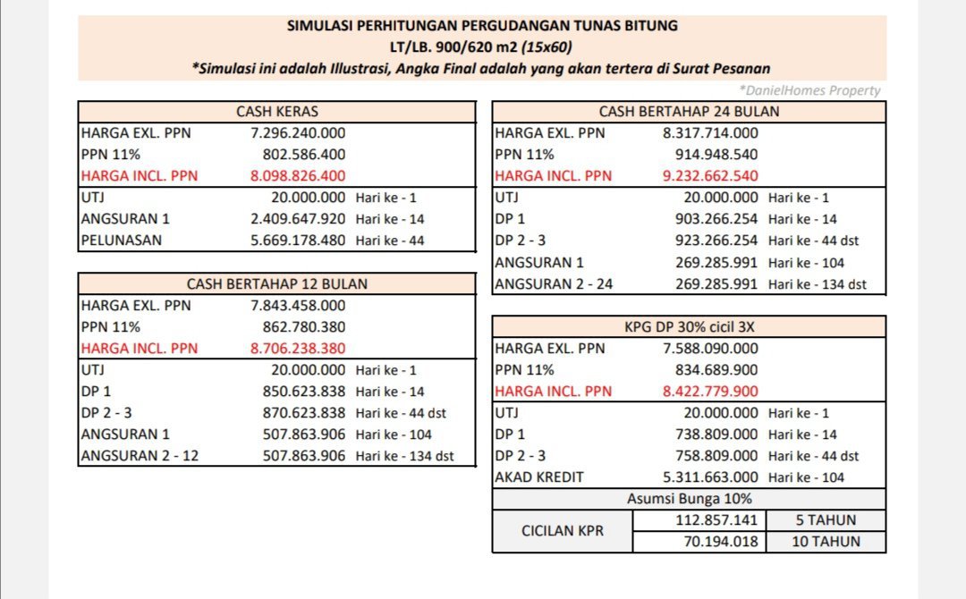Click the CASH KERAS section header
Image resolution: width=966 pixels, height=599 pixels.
tap(276, 112)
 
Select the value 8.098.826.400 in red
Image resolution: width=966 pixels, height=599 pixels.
tap(298, 176)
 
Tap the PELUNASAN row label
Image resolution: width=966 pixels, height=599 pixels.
tap(122, 240)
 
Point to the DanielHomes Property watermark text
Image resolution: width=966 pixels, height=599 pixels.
tap(809, 90)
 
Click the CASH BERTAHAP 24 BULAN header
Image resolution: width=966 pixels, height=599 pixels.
tap(689, 112)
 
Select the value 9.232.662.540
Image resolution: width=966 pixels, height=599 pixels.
tap(710, 176)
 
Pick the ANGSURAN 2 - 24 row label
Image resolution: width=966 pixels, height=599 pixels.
tap(554, 284)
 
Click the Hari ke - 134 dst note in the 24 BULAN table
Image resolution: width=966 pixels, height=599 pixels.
tap(817, 284)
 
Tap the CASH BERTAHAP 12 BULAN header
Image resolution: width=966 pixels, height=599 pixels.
tap(276, 284)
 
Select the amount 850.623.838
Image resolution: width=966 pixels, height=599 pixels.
tap(303, 392)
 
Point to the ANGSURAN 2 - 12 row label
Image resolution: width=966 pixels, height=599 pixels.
tap(140, 456)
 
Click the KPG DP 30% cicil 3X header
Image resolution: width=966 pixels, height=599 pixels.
tap(689, 327)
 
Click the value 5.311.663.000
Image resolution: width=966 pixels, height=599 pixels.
tap(710, 477)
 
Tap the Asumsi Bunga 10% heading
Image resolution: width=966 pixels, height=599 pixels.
tap(689, 499)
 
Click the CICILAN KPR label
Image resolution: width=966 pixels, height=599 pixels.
tap(562, 531)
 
